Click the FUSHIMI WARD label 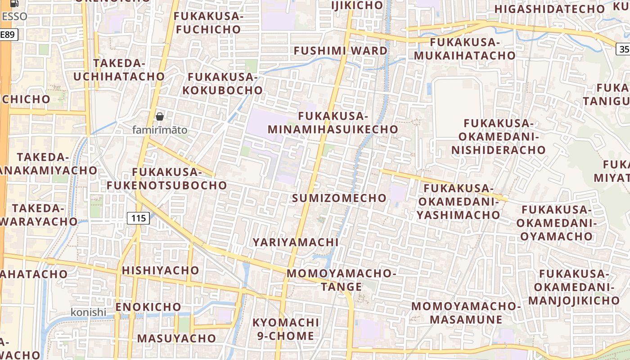[341, 50]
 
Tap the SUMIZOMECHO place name [339, 198]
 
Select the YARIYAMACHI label [295, 242]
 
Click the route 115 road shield [138, 219]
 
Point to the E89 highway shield [9, 35]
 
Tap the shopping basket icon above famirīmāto [160, 117]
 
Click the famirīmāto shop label [160, 130]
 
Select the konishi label [88, 312]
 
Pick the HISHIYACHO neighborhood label [160, 270]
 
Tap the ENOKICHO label [148, 307]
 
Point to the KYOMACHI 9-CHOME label [286, 329]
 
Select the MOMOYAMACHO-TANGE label [342, 280]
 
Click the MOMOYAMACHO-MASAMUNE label [466, 313]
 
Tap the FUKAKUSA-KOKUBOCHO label [222, 84]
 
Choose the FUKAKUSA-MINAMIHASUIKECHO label [333, 123]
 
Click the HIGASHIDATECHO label [550, 9]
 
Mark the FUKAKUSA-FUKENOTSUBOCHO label [167, 179]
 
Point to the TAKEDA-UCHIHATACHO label [119, 70]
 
